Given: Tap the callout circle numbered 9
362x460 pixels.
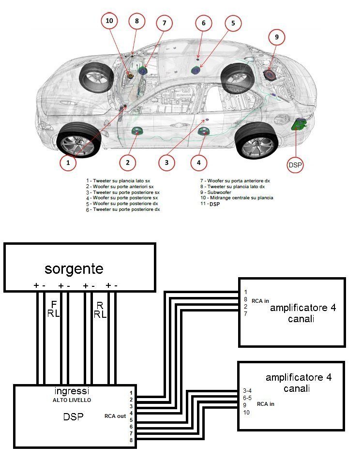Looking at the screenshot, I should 276,37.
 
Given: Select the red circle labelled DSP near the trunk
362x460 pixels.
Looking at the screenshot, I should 296,164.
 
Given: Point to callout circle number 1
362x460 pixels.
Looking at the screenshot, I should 68,163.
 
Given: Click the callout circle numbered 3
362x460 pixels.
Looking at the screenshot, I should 166,163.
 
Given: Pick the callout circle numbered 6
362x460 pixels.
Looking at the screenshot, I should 204,24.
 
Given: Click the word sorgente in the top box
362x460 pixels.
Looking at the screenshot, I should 74,268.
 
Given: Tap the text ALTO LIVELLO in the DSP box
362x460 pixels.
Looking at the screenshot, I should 71,401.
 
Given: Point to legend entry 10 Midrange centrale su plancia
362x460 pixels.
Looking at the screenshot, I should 236,197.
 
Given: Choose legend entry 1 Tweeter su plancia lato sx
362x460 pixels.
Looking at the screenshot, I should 120,180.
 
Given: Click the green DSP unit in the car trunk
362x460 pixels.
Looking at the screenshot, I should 299,124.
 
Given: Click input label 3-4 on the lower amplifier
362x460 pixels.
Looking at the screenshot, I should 247,390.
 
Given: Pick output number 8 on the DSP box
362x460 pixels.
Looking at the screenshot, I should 131,440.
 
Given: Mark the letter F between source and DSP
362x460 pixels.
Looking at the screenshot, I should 54,304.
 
